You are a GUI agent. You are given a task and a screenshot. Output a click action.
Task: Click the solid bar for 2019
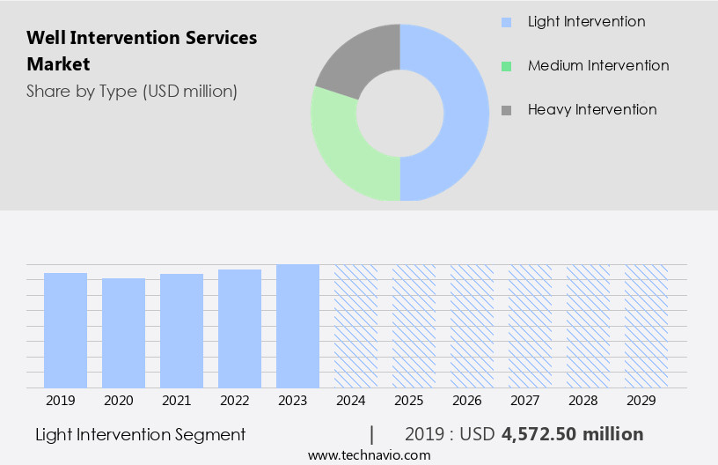click(65, 330)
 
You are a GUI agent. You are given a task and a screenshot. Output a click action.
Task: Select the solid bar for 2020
click(123, 333)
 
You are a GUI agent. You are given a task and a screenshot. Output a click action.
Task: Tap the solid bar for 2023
click(297, 326)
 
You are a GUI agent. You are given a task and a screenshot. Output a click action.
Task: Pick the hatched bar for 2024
click(355, 326)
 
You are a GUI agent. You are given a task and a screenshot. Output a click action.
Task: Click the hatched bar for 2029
click(646, 326)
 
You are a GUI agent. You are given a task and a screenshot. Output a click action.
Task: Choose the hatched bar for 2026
click(472, 326)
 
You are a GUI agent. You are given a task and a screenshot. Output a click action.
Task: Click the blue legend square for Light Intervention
click(505, 22)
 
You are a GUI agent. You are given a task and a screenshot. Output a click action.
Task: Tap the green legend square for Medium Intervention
click(505, 66)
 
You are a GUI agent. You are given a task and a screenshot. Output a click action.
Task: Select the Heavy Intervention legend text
click(592, 110)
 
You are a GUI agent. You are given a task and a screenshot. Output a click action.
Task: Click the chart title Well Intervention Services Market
click(141, 51)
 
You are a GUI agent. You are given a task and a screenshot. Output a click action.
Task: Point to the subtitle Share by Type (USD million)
click(131, 91)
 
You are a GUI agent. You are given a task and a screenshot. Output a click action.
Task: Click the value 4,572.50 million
click(572, 434)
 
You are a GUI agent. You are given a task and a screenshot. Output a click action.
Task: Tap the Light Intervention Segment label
click(141, 434)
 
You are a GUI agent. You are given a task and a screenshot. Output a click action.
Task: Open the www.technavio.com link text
click(369, 455)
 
